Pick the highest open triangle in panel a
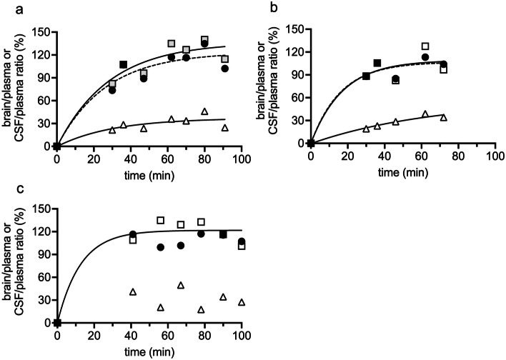click(204, 111)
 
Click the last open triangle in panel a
click(224, 128)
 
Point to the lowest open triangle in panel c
click(201, 310)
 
